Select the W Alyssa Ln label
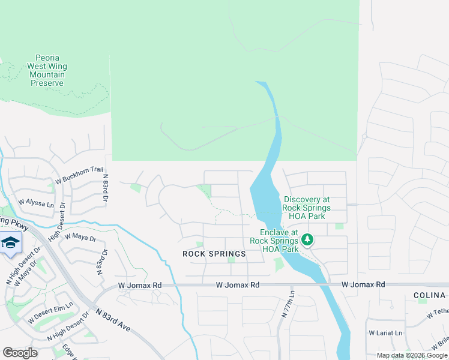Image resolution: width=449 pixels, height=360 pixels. [x=37, y=202]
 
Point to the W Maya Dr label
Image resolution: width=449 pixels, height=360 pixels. [x=80, y=236]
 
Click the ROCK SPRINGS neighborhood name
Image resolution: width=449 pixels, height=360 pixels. [x=214, y=254]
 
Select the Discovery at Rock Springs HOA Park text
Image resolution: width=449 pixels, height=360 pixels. [x=307, y=208]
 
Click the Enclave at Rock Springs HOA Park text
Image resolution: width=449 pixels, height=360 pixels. [x=279, y=241]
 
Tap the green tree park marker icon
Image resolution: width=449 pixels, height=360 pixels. [x=307, y=241]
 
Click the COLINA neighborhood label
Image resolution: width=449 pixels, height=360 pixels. [x=430, y=296]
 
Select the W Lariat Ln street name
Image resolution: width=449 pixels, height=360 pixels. [x=386, y=332]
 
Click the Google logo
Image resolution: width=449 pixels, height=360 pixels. [x=20, y=352]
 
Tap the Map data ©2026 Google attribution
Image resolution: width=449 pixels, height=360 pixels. [x=411, y=355]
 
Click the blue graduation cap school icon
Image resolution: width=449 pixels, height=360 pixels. [x=10, y=244]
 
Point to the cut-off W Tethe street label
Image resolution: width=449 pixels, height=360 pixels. [x=438, y=313]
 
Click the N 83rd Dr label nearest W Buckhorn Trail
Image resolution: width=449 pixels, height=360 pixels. [x=106, y=188]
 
